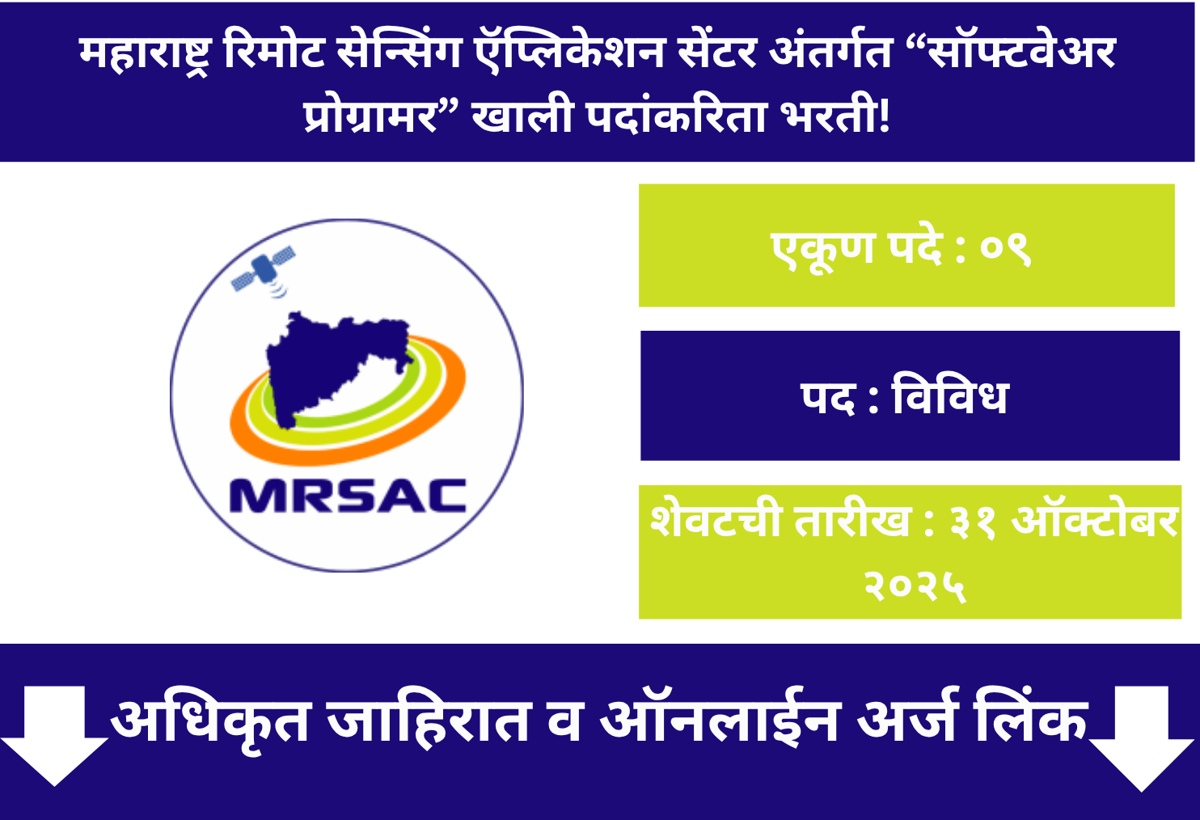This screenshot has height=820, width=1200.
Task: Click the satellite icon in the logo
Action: (264, 269)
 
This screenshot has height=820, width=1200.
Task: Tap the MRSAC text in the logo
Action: (349, 497)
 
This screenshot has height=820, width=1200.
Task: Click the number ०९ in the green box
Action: (1005, 247)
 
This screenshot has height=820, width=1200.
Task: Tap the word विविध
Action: (950, 397)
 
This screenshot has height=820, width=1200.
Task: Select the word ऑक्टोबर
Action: (1096, 522)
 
